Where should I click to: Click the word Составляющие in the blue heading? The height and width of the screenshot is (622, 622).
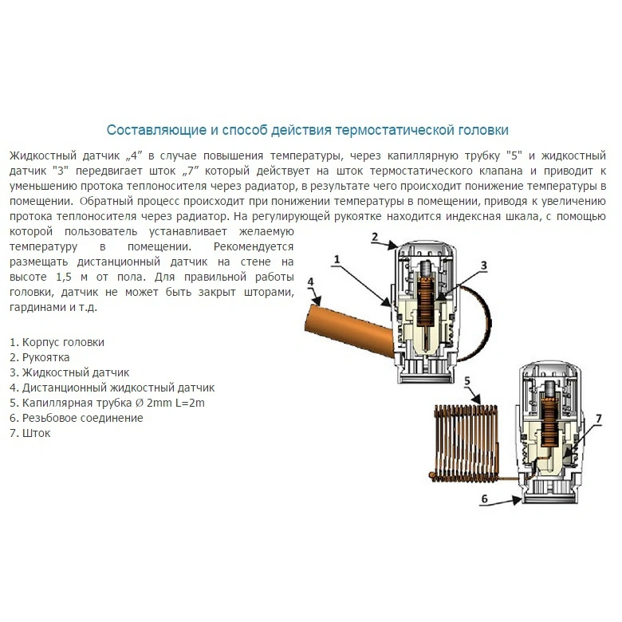[157, 131]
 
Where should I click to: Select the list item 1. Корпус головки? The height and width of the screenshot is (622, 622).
[57, 343]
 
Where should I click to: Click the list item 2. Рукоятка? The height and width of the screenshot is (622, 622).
[40, 358]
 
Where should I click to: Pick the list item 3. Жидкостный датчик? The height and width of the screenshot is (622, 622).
[69, 373]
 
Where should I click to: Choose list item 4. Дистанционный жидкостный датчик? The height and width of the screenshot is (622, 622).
[112, 388]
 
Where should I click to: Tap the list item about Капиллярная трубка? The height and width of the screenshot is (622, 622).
[107, 403]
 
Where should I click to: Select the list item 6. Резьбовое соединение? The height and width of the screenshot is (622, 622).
[77, 418]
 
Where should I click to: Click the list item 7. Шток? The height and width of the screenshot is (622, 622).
[30, 433]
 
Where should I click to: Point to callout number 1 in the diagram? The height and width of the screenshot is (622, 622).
[337, 260]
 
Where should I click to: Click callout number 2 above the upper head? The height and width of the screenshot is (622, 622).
[375, 237]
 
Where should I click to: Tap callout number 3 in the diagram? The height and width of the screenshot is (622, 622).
[483, 266]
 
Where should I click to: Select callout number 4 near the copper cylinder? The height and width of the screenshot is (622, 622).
[310, 282]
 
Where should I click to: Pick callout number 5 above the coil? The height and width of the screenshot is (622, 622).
[467, 381]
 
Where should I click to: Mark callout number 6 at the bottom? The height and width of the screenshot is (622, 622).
[484, 498]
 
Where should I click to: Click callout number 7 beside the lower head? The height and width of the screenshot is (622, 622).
[599, 419]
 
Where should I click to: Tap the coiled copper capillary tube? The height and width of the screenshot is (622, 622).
[465, 443]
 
